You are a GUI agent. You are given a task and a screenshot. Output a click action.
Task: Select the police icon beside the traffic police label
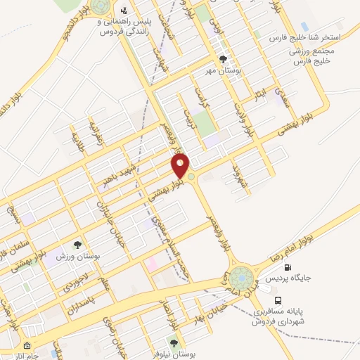tap(124, 11)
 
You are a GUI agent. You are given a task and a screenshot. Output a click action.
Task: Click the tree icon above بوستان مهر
tap(224, 60)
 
